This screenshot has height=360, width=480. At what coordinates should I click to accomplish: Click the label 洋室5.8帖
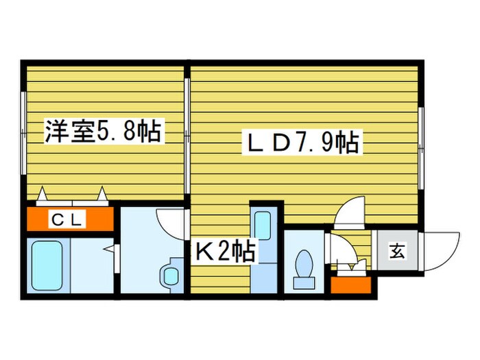coord(103,130)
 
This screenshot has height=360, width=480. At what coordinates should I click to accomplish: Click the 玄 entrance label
coord(397,251)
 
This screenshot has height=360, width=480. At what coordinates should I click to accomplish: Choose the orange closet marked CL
coord(69,219)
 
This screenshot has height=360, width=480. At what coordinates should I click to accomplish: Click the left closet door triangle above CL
coord(43,194)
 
